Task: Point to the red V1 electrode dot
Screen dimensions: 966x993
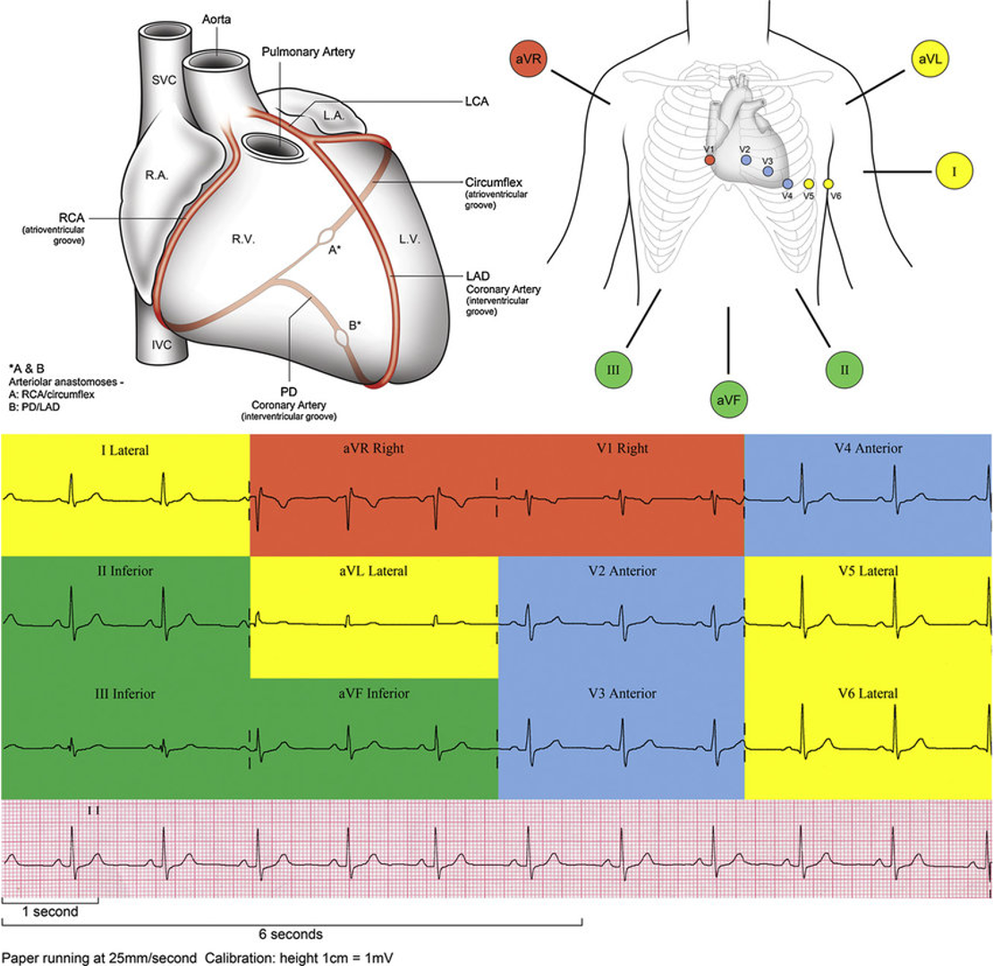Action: [x=709, y=159]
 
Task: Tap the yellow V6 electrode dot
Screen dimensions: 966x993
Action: [x=828, y=183]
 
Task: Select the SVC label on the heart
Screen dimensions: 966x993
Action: [x=164, y=80]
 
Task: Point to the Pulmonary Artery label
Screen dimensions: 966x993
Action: [x=308, y=52]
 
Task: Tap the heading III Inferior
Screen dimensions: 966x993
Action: [x=124, y=693]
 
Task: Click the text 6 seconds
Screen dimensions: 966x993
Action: [x=292, y=934]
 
